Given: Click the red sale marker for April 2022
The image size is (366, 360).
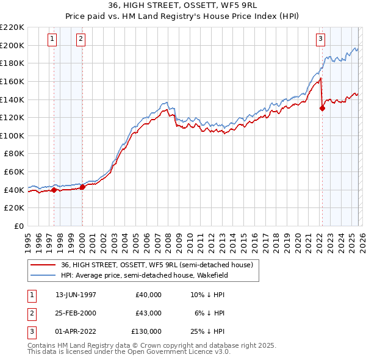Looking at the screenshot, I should click(x=322, y=109).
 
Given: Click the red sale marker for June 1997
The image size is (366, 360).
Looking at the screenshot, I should click(x=54, y=190).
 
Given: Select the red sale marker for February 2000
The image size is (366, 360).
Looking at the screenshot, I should click(x=82, y=187).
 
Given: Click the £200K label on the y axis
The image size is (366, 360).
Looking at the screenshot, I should click(x=12, y=45).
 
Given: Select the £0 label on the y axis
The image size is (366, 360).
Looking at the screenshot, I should click(x=20, y=226).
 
